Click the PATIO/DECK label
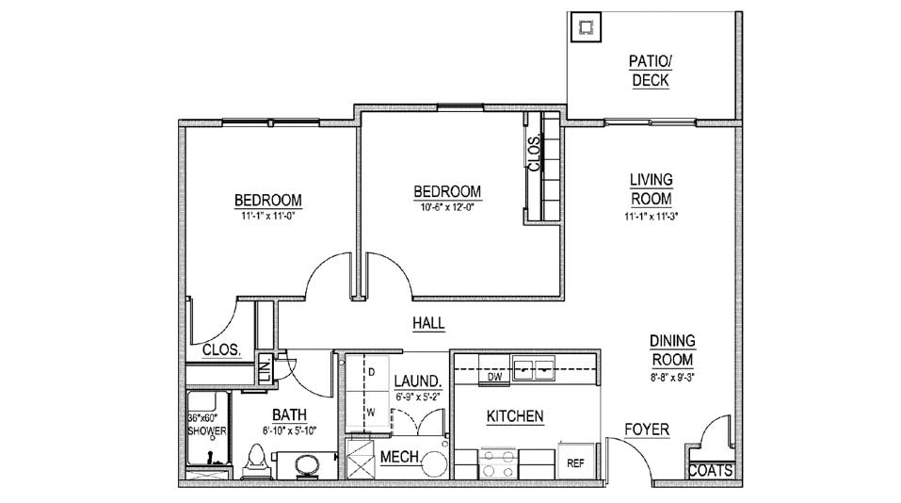(651, 71)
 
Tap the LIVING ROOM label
(652, 189)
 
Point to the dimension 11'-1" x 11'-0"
(267, 216)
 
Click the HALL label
(428, 323)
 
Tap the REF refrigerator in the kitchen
(576, 462)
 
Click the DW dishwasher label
(494, 377)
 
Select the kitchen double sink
(534, 369)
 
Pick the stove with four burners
(498, 463)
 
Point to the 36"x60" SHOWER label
(207, 424)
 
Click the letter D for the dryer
(372, 372)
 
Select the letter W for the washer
(371, 413)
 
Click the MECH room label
(399, 457)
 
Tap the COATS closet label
(710, 471)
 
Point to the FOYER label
(647, 430)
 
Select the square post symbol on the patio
(586, 27)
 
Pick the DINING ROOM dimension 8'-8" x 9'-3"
(671, 378)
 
